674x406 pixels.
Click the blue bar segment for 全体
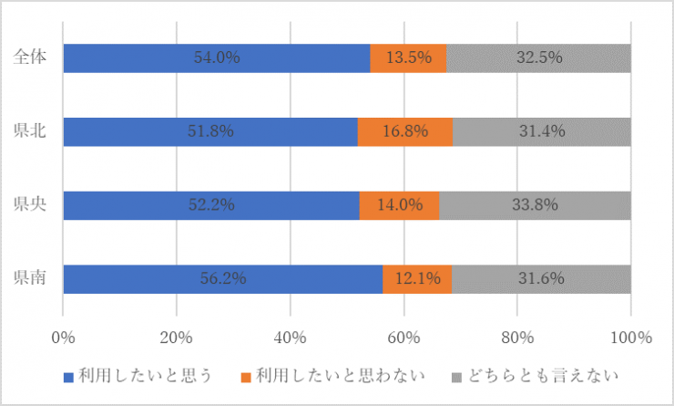(x=217, y=57)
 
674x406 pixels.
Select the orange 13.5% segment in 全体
(x=408, y=57)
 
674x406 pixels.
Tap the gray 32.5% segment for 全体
(x=538, y=57)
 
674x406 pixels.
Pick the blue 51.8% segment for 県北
(x=210, y=131)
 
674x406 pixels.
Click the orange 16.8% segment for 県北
(x=405, y=131)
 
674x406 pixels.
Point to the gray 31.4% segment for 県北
(x=542, y=131)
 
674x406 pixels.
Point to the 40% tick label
(x=290, y=338)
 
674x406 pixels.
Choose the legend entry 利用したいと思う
(x=146, y=376)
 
